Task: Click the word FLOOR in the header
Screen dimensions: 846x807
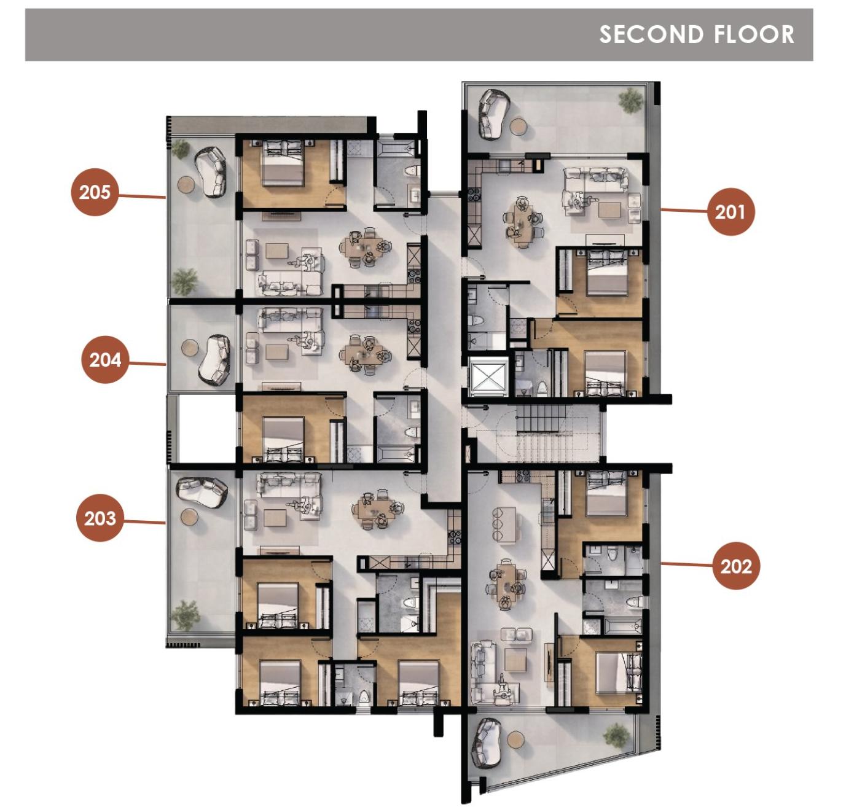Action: pyautogui.click(x=754, y=34)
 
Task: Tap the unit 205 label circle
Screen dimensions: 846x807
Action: pyautogui.click(x=95, y=192)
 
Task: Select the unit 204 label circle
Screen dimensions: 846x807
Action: pyautogui.click(x=105, y=360)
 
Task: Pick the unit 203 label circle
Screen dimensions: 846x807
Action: pyautogui.click(x=100, y=518)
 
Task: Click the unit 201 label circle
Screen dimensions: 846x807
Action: pyautogui.click(x=730, y=212)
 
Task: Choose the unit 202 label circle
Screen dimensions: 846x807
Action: pyautogui.click(x=736, y=566)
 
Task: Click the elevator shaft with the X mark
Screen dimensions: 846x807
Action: pyautogui.click(x=488, y=375)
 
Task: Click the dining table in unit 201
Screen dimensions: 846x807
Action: pyautogui.click(x=522, y=221)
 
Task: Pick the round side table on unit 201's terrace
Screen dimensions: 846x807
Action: pyautogui.click(x=519, y=127)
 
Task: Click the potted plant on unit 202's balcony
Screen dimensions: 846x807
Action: pyautogui.click(x=616, y=734)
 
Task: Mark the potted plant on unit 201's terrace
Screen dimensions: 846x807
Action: pyautogui.click(x=631, y=99)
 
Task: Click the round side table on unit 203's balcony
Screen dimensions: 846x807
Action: pyautogui.click(x=189, y=517)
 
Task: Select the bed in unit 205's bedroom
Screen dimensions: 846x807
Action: pyautogui.click(x=284, y=163)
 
